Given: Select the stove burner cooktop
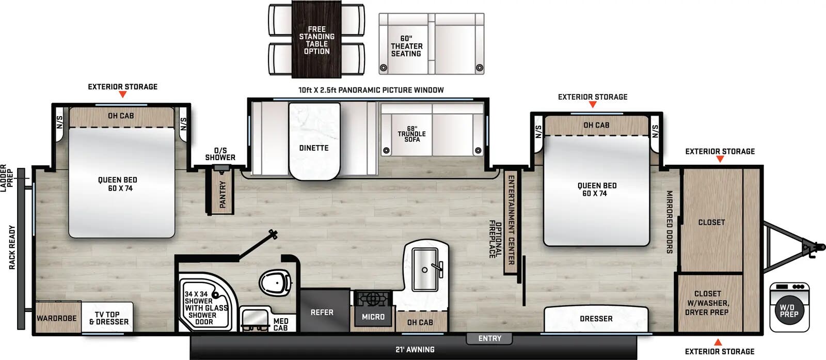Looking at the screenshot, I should (373, 298).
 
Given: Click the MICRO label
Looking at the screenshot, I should (373, 317).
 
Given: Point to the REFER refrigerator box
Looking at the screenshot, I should (322, 312).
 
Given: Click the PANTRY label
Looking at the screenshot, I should (223, 194).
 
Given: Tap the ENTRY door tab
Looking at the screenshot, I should (489, 338).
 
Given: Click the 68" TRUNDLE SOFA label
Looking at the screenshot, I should (411, 134).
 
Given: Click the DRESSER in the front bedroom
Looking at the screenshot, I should (596, 319).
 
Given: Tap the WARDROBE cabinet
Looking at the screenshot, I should (56, 318).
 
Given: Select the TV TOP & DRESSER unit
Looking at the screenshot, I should (108, 318).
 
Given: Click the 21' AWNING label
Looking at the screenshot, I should (415, 350).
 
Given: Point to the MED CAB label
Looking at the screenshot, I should (281, 324).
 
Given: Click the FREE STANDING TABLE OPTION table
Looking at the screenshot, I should (316, 40).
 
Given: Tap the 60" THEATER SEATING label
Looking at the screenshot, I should (406, 46).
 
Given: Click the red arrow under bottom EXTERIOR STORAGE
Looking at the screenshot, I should (718, 342).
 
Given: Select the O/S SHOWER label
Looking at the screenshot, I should (220, 154).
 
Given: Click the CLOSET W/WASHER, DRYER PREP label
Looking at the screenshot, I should (707, 303).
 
